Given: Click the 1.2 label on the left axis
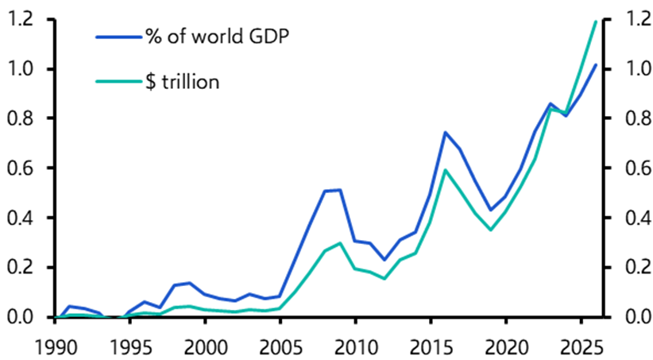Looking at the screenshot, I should tap(19, 20).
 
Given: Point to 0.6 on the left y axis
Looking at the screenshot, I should tap(19, 168).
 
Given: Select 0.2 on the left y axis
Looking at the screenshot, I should tap(19, 268).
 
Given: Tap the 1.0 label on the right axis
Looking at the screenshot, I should tap(633, 69).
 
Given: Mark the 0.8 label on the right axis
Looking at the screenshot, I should tap(633, 119).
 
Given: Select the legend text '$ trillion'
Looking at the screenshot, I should tap(181, 81).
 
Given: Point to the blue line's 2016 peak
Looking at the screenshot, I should tap(445, 133).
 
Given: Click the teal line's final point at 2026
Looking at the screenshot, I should tap(595, 21).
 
